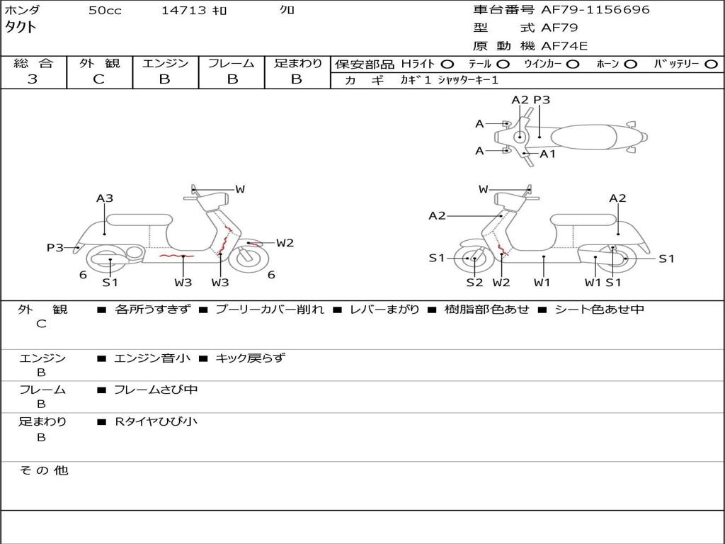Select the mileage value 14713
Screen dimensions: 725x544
(x=183, y=11)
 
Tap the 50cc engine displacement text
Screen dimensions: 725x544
(x=105, y=11)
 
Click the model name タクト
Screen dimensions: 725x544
(x=21, y=28)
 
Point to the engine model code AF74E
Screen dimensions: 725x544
(x=564, y=47)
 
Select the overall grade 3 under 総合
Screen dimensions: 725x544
(x=33, y=79)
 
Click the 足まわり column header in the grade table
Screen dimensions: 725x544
(x=297, y=64)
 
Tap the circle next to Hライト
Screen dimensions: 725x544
(x=447, y=64)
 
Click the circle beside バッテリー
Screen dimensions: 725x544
(x=712, y=64)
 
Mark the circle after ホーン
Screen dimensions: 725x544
(x=630, y=64)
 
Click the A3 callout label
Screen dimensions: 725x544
(x=105, y=198)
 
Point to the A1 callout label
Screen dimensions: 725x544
(x=548, y=154)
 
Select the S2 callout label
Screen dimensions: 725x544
(x=474, y=283)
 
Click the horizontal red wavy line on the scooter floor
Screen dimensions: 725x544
(x=176, y=255)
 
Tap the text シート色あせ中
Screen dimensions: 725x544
(x=599, y=310)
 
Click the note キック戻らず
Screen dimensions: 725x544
(x=250, y=358)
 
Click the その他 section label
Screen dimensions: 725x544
(x=43, y=470)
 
